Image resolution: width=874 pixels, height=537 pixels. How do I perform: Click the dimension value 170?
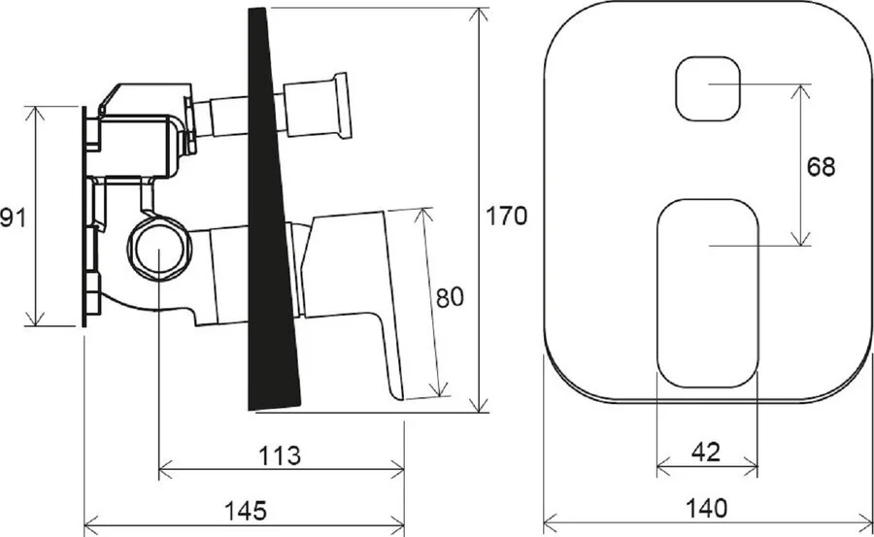pos(506,216)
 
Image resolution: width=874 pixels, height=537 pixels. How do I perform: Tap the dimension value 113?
pos(281,454)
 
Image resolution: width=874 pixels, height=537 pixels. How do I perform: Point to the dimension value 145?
pos(245,508)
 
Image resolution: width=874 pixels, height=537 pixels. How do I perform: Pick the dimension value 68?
pos(821,166)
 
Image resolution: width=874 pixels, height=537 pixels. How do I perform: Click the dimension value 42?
pos(706,452)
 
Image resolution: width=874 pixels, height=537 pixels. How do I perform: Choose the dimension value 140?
pos(705,507)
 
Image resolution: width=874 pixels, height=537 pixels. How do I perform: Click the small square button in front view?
pos(707,88)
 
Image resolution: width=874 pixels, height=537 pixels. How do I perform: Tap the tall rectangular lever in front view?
pos(707,291)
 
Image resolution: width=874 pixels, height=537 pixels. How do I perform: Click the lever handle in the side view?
pos(359,282)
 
